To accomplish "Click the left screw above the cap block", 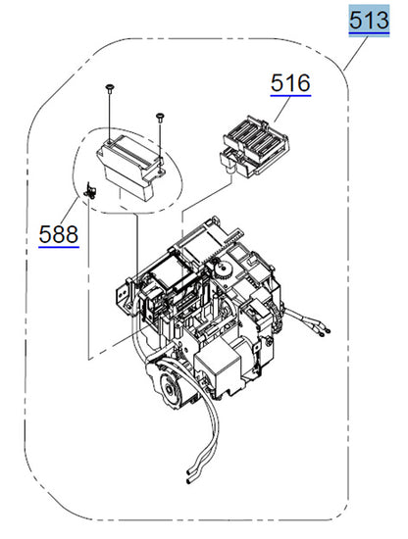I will pyautogui.click(x=110, y=90).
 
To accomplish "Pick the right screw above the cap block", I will pyautogui.click(x=158, y=117).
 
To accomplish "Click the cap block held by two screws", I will pyautogui.click(x=127, y=167).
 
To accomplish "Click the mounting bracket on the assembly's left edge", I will pyautogui.click(x=127, y=294).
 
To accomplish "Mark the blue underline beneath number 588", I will pyautogui.click(x=59, y=247).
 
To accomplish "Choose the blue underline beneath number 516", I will pyautogui.click(x=290, y=96).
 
